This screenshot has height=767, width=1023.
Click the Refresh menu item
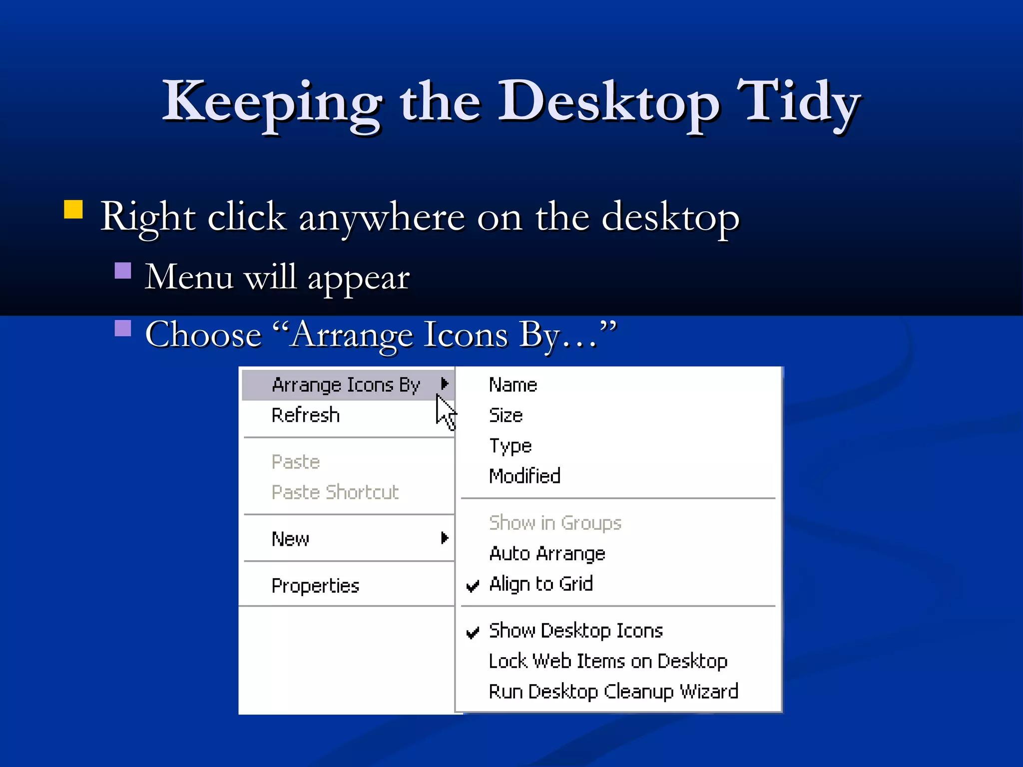[306, 415]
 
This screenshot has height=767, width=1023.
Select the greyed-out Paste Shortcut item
[335, 492]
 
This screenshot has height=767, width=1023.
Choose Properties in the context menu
[315, 585]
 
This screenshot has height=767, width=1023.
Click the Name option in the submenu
[513, 385]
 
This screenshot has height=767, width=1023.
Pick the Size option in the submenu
[506, 415]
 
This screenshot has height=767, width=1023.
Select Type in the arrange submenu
[510, 446]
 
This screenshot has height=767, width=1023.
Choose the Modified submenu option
[524, 476]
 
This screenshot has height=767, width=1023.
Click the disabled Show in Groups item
[555, 523]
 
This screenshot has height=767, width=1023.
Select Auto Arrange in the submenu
[547, 554]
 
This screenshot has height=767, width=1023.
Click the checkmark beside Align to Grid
[473, 585]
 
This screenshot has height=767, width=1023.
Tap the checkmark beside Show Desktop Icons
[473, 632]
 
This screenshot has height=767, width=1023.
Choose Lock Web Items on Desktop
[607, 661]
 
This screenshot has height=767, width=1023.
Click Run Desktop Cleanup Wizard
[613, 692]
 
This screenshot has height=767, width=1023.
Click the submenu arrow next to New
[445, 538]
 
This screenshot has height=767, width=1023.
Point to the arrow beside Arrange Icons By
[445, 383]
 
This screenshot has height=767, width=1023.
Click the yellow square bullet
[73, 209]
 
